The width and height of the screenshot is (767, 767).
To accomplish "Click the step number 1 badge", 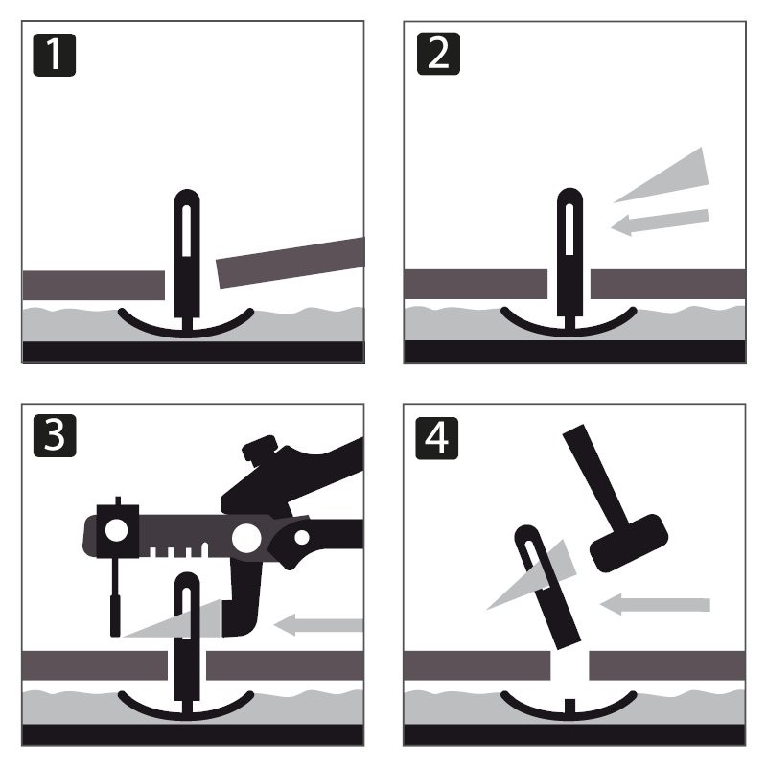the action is pos(55,55).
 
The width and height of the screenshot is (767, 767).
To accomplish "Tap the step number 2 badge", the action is pos(438,54).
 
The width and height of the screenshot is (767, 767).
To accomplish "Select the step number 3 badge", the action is pos(55,436).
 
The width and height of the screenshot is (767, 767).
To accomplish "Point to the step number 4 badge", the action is pos(437,438).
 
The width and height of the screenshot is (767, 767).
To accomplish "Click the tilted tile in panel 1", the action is pos(291,262).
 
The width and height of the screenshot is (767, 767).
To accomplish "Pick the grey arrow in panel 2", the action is pos(660,222).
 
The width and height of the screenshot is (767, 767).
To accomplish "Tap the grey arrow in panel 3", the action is pos(318,625).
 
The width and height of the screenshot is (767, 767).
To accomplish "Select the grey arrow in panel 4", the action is pos(655,605).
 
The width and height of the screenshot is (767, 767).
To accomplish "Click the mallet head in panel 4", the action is pos(629,543).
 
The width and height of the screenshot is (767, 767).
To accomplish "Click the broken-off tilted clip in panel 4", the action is pos(547,587).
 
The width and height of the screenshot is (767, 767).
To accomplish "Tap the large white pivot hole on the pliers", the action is pos(246,538).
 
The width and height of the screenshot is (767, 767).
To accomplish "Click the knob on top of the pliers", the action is pos(260,446).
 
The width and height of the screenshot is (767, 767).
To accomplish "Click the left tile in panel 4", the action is pos(476,665).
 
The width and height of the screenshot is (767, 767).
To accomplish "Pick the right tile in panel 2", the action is pos(668,284).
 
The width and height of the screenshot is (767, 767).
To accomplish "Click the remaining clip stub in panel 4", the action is pos(569,706).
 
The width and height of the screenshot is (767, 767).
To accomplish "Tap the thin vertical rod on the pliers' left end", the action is pos(115,597).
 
